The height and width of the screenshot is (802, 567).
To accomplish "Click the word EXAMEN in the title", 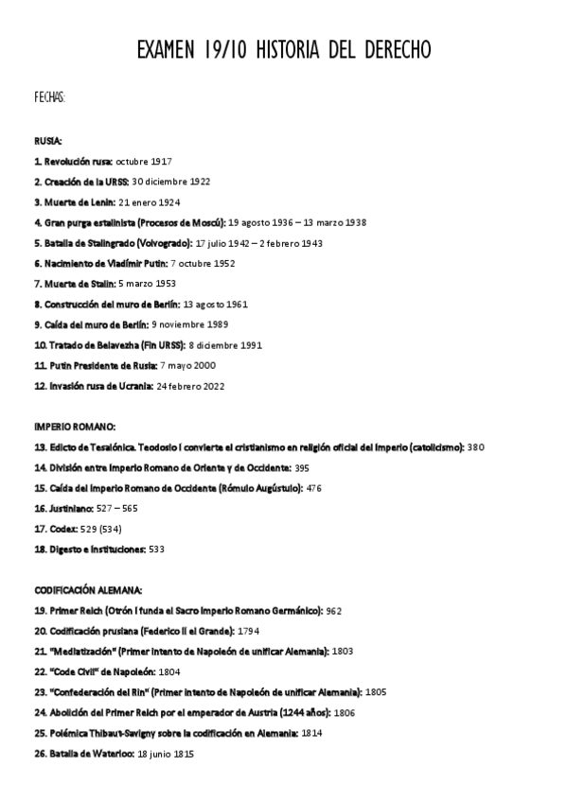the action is (167, 49).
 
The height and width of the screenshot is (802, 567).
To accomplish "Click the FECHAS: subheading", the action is (49, 97).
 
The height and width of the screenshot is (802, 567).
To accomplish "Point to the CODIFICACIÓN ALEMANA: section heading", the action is (88, 588).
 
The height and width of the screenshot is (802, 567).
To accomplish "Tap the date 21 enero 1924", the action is (150, 202).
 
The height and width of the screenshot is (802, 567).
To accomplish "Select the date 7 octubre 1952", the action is (191, 263).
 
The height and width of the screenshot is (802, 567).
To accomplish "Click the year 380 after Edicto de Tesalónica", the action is (475, 446).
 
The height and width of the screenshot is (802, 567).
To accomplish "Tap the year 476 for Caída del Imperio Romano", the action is (314, 488).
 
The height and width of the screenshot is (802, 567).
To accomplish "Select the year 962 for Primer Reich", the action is (333, 610).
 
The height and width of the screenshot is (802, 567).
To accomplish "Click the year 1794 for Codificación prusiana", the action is (249, 631).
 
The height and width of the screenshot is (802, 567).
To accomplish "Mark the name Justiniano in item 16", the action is (69, 508).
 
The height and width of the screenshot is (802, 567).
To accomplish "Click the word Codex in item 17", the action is (61, 529).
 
